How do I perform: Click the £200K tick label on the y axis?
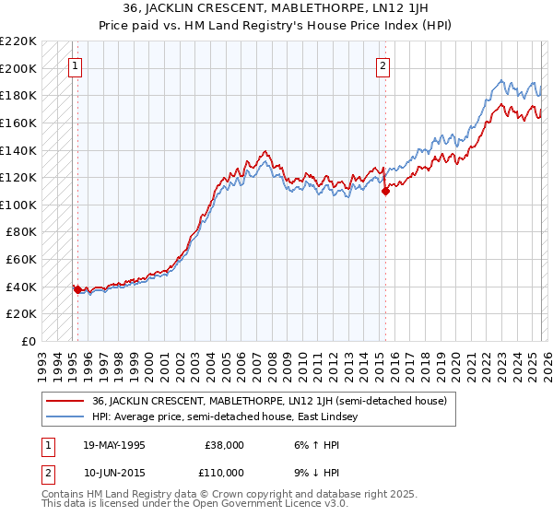tap(18, 68)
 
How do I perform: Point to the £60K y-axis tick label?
tap(21, 259)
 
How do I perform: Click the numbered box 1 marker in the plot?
tap(75, 65)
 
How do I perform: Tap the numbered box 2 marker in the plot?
tap(382, 65)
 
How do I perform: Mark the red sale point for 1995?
tap(77, 289)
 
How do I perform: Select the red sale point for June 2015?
tap(385, 191)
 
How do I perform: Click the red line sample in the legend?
tap(65, 401)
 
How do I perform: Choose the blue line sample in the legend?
tap(65, 417)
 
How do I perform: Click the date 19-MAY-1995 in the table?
tap(113, 444)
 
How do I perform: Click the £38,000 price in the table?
tap(221, 444)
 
